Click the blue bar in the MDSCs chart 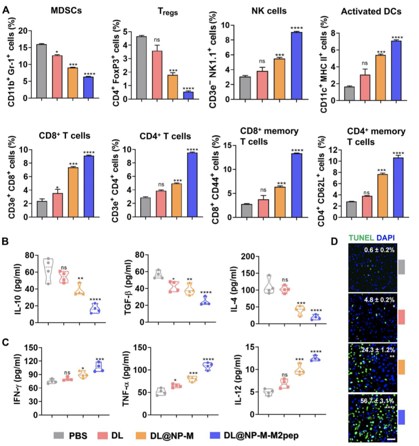89,88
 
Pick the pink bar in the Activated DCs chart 365,88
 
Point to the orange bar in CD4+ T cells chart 177,200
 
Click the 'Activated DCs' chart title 371,12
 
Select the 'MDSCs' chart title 66,10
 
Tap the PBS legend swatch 59,436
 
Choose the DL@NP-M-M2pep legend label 261,436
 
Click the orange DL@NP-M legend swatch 140,436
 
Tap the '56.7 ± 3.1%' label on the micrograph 377,401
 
